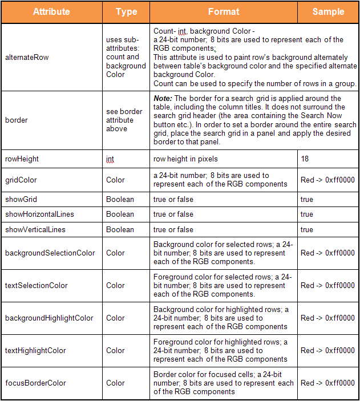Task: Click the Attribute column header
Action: click(x=51, y=12)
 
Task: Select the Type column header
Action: click(x=126, y=12)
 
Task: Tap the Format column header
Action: click(x=224, y=12)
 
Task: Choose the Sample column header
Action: click(x=328, y=12)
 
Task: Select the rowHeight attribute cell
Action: click(x=22, y=159)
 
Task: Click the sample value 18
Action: click(x=305, y=159)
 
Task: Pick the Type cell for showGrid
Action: click(x=120, y=200)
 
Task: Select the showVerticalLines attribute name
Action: click(x=35, y=229)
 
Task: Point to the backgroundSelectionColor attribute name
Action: click(x=50, y=253)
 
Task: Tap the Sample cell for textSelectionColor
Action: click(x=327, y=285)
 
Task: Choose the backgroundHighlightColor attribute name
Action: click(x=49, y=318)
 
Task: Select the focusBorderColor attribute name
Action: click(x=35, y=383)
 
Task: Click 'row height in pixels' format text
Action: click(x=186, y=159)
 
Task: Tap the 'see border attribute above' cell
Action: click(x=124, y=120)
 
